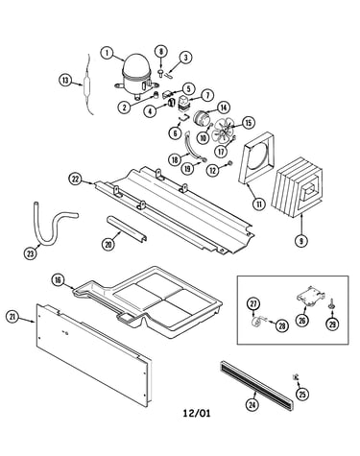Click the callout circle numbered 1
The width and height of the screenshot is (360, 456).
(108, 53)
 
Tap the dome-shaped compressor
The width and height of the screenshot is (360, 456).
(136, 76)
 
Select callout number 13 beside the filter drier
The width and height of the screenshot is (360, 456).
(65, 81)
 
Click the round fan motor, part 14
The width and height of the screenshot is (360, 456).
(203, 118)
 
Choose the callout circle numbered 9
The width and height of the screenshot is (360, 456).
(300, 240)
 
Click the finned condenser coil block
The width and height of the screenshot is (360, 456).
(298, 191)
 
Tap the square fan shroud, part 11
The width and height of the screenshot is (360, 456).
(257, 158)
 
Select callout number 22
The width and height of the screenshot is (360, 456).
(76, 180)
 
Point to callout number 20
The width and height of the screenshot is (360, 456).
(108, 244)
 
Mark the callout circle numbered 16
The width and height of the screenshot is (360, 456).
(58, 280)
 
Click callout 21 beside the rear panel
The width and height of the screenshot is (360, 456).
(12, 317)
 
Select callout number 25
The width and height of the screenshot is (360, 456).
(302, 395)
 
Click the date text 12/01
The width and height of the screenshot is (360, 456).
(197, 413)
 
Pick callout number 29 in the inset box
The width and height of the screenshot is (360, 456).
(332, 324)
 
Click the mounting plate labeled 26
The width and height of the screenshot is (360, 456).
(310, 296)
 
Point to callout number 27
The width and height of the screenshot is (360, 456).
(253, 303)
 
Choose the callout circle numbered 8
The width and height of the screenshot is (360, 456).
(161, 52)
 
